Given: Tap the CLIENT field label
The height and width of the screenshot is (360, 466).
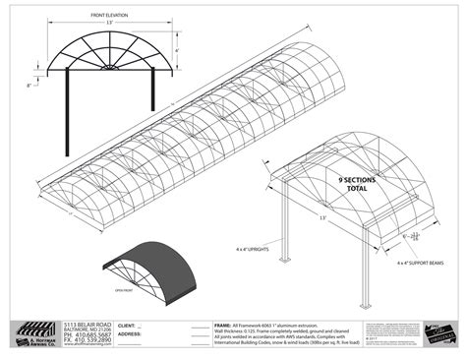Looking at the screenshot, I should click(127, 324).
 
